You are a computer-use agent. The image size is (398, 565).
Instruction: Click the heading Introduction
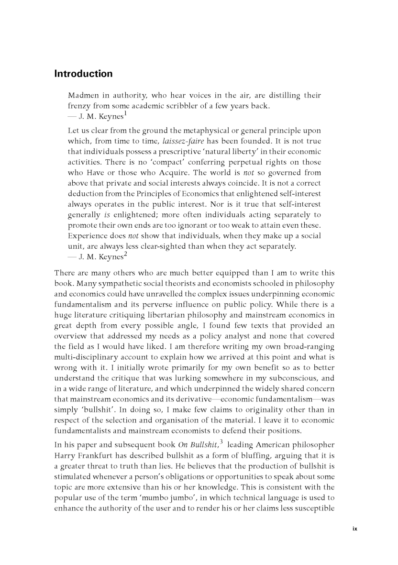pos(83,74)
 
